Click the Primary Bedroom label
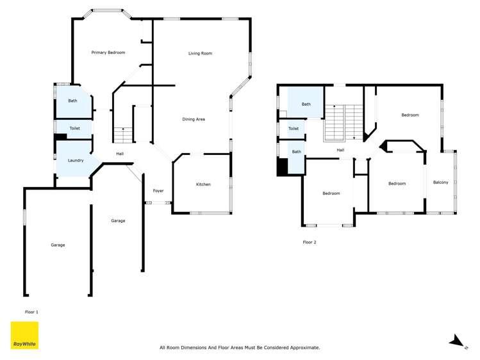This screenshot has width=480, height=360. coord(108,53)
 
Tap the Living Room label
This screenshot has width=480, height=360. coord(200,53)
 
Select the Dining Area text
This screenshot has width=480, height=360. coord(194,119)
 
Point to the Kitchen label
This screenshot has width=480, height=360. coord(203,184)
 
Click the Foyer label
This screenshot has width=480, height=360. coord(158,191)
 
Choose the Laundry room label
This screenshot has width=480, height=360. coord(75,160)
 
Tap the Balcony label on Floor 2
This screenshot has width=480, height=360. coord(440,183)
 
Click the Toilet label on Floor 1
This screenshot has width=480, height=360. coord(74,129)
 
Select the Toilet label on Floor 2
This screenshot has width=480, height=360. coord(294,129)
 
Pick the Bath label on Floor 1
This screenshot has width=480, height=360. coord(72,101)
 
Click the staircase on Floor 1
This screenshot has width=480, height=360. coord(123,135)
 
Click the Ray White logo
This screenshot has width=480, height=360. coord(24,336)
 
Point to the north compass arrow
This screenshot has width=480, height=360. coord(456,340)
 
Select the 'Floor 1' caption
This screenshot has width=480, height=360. coord(31,312)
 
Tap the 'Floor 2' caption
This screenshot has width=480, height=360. coord(310,242)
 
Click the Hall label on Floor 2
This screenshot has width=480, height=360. coord(340,151)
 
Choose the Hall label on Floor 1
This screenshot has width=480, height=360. coord(120,154)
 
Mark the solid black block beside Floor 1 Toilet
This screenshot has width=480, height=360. coord(60,136)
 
